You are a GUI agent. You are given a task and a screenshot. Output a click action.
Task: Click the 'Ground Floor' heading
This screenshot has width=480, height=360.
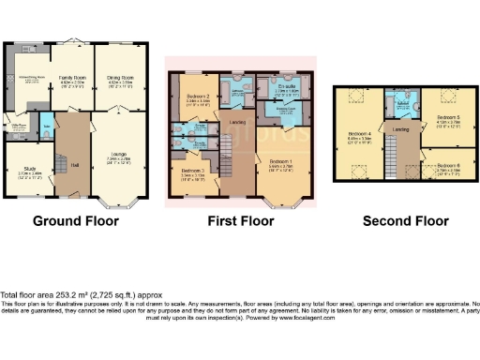pyautogui.click(x=76, y=222)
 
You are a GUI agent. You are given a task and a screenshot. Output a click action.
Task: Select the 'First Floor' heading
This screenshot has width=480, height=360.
pyautogui.click(x=241, y=222)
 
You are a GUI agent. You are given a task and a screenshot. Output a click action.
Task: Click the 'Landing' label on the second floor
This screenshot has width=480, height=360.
pyautogui.click(x=401, y=129)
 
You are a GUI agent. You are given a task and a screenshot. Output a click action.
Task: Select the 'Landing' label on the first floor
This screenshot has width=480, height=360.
pyautogui.click(x=237, y=121)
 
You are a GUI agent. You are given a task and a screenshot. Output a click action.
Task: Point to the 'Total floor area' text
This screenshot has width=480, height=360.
pyautogui.click(x=76, y=293)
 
